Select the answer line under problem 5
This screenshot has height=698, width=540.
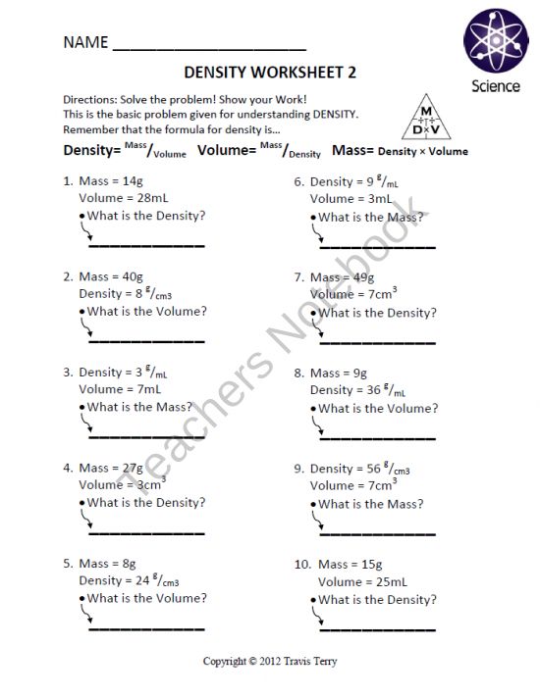coord(146,627)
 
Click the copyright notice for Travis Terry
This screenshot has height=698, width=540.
coord(270,661)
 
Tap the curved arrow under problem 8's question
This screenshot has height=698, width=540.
coord(317,424)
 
